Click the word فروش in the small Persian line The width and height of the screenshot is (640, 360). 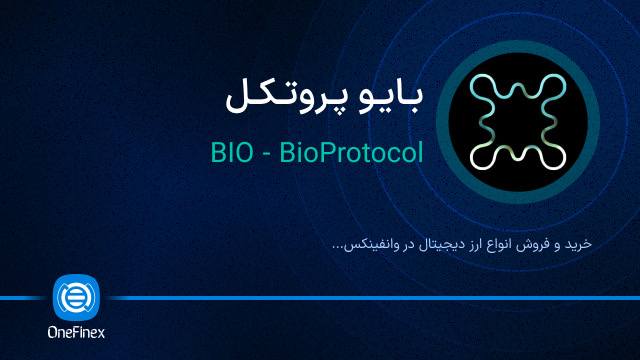coord(541,243)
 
